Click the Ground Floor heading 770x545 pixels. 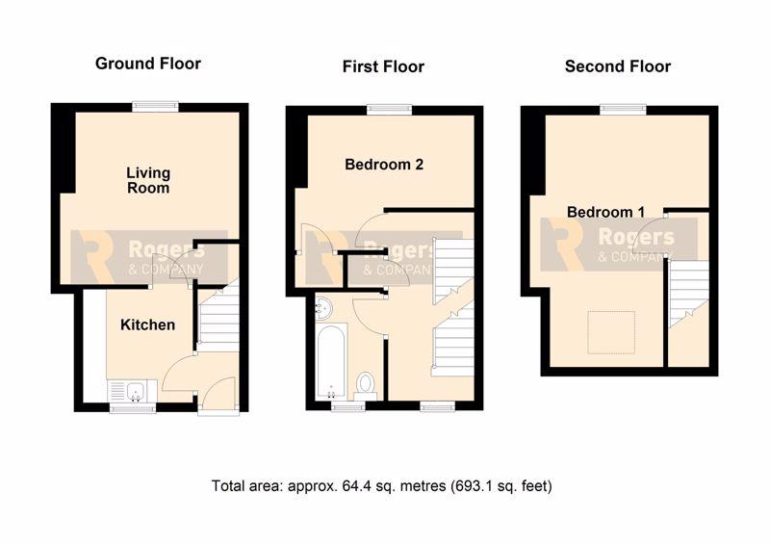coord(148,64)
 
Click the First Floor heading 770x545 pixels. coord(383,66)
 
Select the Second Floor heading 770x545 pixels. coord(617,66)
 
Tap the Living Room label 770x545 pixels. coord(148,180)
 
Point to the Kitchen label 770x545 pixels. coord(148,324)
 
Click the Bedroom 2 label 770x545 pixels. coord(384,164)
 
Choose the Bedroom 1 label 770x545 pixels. coord(605,212)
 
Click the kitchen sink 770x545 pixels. coord(133,391)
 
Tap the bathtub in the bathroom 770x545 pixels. coord(332,361)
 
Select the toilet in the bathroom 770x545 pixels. coord(365,383)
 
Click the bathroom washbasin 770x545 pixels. coord(322,308)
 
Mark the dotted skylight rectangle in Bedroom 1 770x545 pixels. coord(611,333)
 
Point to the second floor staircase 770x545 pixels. coord(689,294)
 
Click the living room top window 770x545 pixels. coord(155,106)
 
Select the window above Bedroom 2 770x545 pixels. coord(390,109)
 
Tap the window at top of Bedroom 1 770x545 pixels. coord(623,109)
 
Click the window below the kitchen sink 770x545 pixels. coord(133,407)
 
